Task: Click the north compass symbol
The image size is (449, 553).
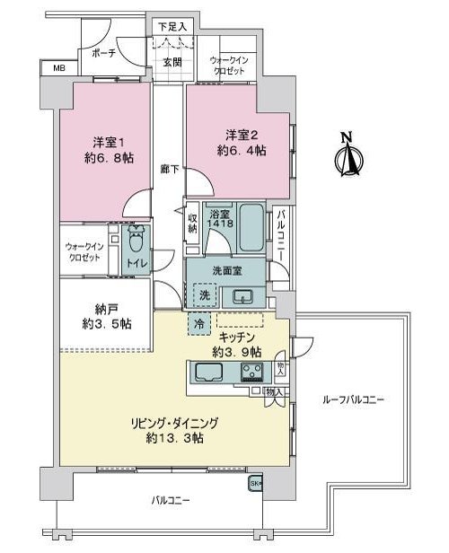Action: pyautogui.click(x=348, y=154)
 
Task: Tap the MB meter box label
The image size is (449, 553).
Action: pyautogui.click(x=59, y=68)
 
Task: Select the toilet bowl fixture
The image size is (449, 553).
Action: pyautogui.click(x=136, y=240)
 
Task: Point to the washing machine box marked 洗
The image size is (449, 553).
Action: pyautogui.click(x=204, y=295)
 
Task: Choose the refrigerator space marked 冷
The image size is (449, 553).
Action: pyautogui.click(x=199, y=323)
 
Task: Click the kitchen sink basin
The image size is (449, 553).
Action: pyautogui.click(x=209, y=373)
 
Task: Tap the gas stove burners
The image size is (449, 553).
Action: pyautogui.click(x=251, y=373)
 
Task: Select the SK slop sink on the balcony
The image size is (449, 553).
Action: pyautogui.click(x=256, y=483)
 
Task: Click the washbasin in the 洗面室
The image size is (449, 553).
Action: pyautogui.click(x=243, y=296)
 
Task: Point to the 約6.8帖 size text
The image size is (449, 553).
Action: pyautogui.click(x=110, y=158)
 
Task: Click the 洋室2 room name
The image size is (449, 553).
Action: pyautogui.click(x=242, y=135)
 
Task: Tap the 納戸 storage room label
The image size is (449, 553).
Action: pyautogui.click(x=106, y=310)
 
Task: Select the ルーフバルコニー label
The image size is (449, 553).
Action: pyautogui.click(x=353, y=399)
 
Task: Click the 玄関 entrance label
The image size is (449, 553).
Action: pyautogui.click(x=172, y=63)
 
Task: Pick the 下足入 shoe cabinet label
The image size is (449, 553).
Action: pyautogui.click(x=172, y=27)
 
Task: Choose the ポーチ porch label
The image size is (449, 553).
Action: pyautogui.click(x=104, y=53)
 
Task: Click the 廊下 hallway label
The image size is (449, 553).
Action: pyautogui.click(x=170, y=170)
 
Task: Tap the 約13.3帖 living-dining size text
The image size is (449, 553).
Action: pyautogui.click(x=174, y=438)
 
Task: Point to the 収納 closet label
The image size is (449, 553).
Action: pyautogui.click(x=192, y=223)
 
